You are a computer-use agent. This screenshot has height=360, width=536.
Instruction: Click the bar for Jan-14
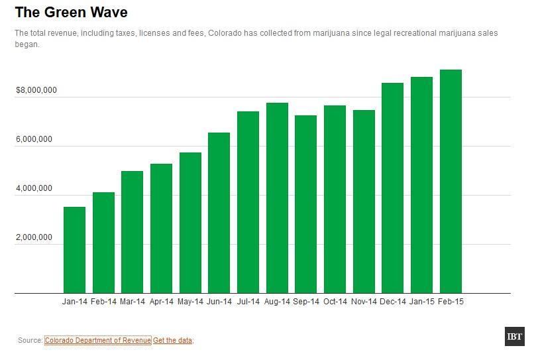tap(74, 250)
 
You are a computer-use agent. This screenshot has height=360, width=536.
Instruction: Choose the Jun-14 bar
tap(219, 213)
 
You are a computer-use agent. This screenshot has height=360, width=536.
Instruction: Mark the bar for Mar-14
tap(132, 232)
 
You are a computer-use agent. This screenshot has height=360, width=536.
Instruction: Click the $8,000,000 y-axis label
tap(36, 90)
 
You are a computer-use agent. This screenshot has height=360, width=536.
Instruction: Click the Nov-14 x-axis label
tap(364, 302)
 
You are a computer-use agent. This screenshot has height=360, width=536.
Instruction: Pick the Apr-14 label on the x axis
tap(161, 302)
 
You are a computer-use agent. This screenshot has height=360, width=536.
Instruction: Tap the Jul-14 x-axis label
tap(248, 302)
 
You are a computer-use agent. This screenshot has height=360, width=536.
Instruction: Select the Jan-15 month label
tap(421, 302)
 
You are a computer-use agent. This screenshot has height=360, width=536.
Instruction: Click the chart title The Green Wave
tap(71, 13)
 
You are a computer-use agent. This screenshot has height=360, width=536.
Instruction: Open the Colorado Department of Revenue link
tap(97, 340)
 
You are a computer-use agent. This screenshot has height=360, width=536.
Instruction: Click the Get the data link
tap(173, 340)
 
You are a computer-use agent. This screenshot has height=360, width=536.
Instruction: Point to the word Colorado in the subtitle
tap(227, 32)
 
